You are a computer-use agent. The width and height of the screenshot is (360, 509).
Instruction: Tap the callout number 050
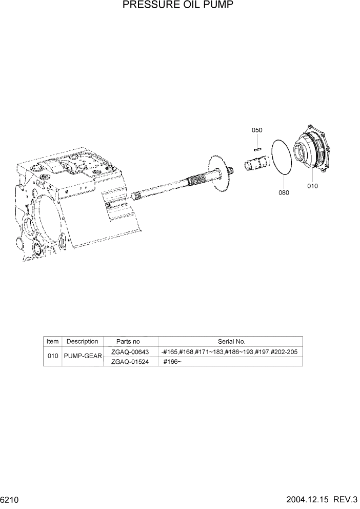[x=257, y=130]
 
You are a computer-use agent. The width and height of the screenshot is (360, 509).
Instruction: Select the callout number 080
[x=284, y=193]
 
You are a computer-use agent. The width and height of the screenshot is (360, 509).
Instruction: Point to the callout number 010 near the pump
[x=312, y=186]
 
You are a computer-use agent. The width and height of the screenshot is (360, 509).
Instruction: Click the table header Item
[x=53, y=341]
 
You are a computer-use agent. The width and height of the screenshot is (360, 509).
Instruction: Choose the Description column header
[x=83, y=341]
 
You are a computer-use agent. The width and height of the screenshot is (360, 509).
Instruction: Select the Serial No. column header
[x=232, y=341]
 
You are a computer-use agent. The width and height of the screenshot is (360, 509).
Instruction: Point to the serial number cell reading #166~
[x=172, y=361]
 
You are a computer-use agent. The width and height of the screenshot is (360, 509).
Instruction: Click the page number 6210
[x=10, y=500]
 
